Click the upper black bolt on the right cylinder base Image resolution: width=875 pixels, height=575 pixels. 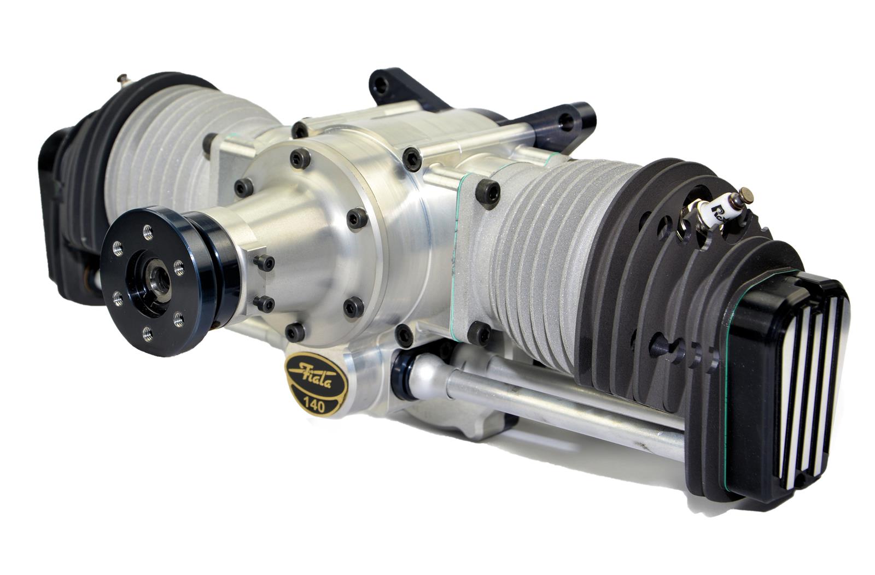tap(488, 191)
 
